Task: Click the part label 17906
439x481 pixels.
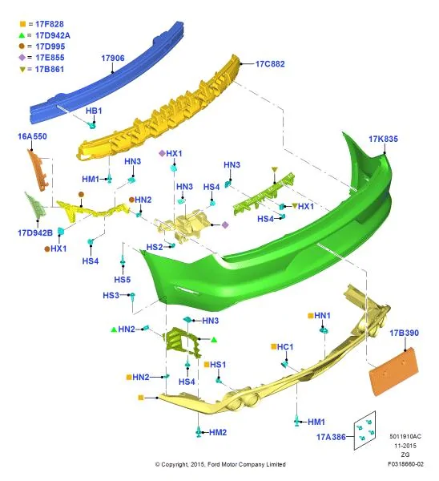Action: [113, 58]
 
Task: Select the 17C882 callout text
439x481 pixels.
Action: [270, 64]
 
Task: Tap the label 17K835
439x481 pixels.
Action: [383, 139]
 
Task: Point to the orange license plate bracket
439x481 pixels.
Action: [393, 371]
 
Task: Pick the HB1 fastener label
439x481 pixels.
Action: [94, 111]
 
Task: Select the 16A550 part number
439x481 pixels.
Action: [32, 136]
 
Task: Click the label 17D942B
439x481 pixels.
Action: [35, 232]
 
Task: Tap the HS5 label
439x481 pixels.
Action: [123, 280]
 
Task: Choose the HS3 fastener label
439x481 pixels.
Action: [111, 295]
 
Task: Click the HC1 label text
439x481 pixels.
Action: [285, 347]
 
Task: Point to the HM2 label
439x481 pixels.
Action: [218, 432]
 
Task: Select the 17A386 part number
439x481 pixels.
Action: [331, 437]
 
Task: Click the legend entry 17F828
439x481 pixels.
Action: [50, 24]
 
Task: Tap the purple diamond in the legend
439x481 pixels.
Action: [22, 58]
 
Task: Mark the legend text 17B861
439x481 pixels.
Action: [50, 69]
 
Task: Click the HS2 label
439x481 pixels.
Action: [155, 247]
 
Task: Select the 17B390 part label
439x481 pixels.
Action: [404, 333]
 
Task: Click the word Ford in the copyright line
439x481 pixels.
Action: [214, 464]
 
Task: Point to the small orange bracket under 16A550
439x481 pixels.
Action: [38, 170]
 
